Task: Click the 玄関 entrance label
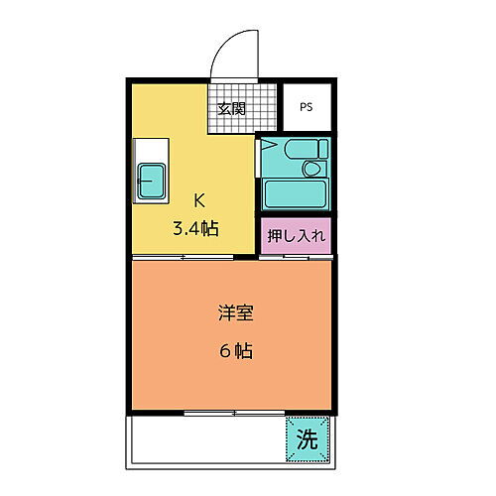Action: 233,109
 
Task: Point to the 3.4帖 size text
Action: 197,228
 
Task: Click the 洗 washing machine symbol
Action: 308,440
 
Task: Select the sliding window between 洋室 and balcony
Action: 232,411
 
